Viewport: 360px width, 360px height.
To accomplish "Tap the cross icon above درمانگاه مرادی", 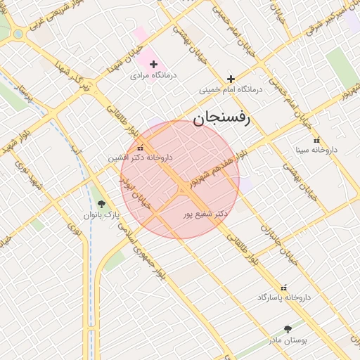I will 153,64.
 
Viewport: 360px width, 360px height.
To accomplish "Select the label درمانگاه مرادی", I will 153,75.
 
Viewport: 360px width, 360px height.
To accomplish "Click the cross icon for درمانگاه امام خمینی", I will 231,79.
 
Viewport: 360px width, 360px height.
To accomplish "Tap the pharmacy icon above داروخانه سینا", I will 316,140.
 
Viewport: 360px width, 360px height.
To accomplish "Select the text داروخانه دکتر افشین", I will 140,158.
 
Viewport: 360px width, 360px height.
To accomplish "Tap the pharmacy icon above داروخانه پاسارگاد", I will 284,287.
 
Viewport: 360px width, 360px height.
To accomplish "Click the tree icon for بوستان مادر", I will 288,328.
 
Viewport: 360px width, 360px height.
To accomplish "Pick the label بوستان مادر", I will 288,340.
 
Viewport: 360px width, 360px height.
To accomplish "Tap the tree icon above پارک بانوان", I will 102,204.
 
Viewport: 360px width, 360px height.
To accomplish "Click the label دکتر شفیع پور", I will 205,213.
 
